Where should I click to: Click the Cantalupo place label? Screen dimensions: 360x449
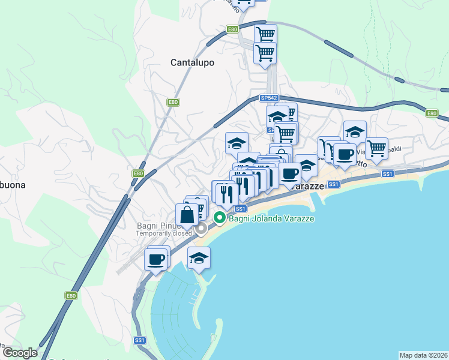pos(192,62)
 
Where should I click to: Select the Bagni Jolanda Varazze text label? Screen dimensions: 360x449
pos(272,218)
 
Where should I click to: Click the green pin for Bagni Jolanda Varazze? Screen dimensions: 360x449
pos(220,218)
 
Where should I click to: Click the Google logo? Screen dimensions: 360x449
pos(20,353)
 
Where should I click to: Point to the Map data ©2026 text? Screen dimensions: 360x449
pos(423,355)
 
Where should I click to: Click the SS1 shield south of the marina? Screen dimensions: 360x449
pos(140,340)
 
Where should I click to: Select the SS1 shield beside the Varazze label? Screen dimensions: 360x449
pos(334,184)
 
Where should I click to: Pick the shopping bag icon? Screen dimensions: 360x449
pos(187,214)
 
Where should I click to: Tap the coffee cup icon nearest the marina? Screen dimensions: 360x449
pos(155,259)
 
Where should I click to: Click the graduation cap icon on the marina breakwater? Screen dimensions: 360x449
pos(199,258)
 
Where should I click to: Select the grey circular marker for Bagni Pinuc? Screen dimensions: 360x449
pos(202,227)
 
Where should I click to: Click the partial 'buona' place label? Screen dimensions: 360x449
pos(13,185)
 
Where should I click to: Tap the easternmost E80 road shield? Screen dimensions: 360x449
pos(432,113)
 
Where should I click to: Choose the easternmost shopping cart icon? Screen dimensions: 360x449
pos(376,148)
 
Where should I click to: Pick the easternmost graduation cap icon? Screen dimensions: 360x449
pos(355,131)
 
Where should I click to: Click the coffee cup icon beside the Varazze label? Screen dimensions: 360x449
pos(290,173)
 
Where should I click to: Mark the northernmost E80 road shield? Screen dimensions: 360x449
pos(233,29)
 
